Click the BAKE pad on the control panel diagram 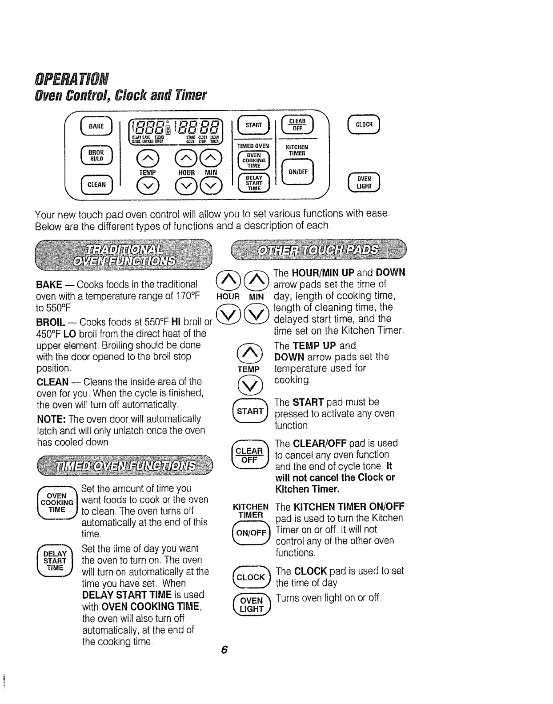(x=97, y=126)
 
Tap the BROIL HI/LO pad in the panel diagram (x=97, y=155)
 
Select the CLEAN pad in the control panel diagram (x=97, y=184)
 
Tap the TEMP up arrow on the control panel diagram (x=147, y=156)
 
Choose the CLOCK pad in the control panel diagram (x=364, y=124)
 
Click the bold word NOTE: (x=52, y=419)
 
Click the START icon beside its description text (x=250, y=411)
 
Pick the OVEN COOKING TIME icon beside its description (x=57, y=503)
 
